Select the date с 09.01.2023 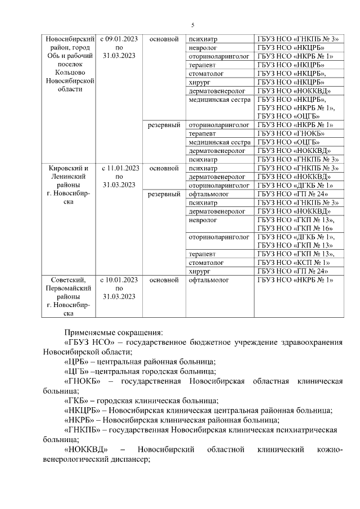(119, 39)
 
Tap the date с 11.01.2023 (119, 168)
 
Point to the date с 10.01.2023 (119, 280)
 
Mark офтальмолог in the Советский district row (206, 280)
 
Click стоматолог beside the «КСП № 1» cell (206, 263)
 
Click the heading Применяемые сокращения (113, 332)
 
